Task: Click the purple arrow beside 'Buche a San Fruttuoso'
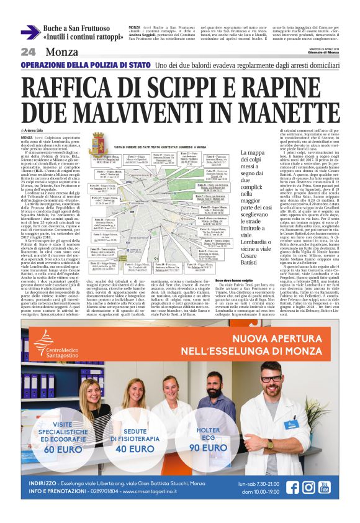(x=30, y=32)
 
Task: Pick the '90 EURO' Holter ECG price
(x=207, y=447)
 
